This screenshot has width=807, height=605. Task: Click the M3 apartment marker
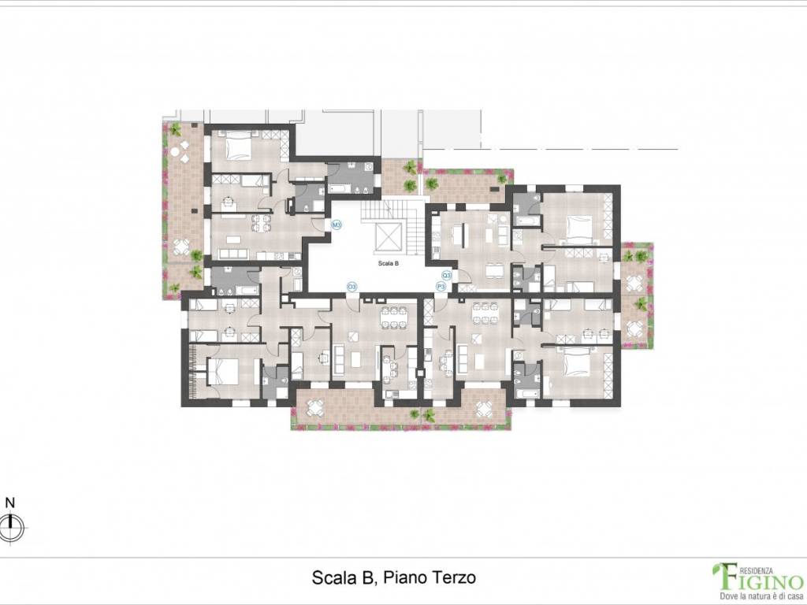pos(336,225)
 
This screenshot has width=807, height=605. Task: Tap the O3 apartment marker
pos(352,287)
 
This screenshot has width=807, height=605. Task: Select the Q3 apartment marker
pos(447,275)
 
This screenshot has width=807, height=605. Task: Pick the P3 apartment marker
pos(441,288)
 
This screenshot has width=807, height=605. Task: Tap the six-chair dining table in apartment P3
pos(482,314)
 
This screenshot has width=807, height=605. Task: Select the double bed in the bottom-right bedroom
pos(576,362)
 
